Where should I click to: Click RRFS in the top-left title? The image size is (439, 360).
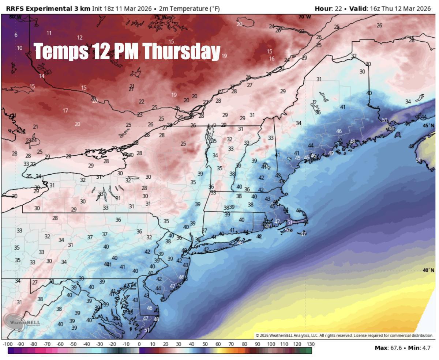pyautogui.click(x=14, y=8)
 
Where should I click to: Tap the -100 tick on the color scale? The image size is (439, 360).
pyautogui.click(x=8, y=344)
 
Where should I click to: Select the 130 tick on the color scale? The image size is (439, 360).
pyautogui.click(x=310, y=344)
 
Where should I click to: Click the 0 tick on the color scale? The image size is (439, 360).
pyautogui.click(x=139, y=344)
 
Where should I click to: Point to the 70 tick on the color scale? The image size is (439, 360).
pyautogui.click(x=231, y=344)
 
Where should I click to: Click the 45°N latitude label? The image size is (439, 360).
pyautogui.click(x=428, y=125)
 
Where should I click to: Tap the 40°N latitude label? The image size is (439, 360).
pyautogui.click(x=428, y=270)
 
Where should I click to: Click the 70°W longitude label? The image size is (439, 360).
pyautogui.click(x=304, y=17)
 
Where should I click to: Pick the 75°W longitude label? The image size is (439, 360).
pyautogui.click(x=160, y=17)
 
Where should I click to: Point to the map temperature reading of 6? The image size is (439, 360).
pyautogui.click(x=16, y=35)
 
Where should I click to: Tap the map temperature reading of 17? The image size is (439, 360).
pyautogui.click(x=65, y=110)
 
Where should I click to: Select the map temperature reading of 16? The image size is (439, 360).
pyautogui.click(x=271, y=58)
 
